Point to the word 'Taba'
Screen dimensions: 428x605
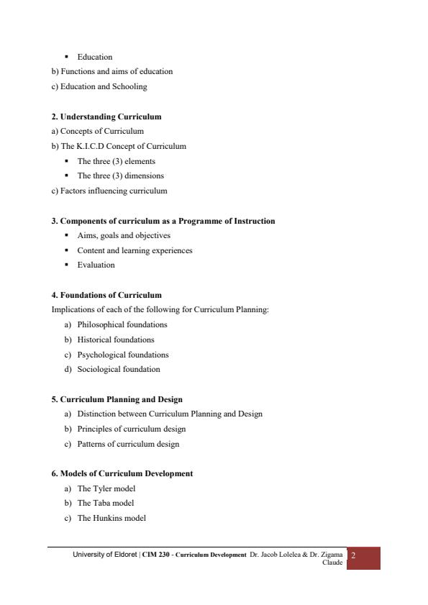pyautogui.click(x=101, y=504)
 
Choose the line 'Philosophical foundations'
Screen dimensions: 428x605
pyautogui.click(x=122, y=324)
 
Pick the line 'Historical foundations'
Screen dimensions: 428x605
pyautogui.click(x=116, y=340)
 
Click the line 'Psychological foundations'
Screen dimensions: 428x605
pyautogui.click(x=123, y=355)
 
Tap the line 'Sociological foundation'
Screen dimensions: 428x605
pyautogui.click(x=119, y=370)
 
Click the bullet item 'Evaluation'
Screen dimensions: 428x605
pyautogui.click(x=96, y=265)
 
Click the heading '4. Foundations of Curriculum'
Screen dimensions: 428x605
pyautogui.click(x=106, y=295)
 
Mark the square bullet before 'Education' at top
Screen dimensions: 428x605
pyautogui.click(x=66, y=56)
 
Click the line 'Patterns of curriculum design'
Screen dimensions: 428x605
pyautogui.click(x=128, y=444)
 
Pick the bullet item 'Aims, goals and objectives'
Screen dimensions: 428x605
pyautogui.click(x=124, y=235)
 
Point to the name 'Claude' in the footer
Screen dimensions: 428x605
pyautogui.click(x=332, y=563)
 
